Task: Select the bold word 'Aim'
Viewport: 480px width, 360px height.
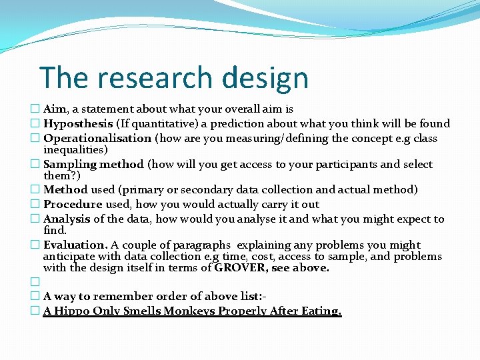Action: point(55,109)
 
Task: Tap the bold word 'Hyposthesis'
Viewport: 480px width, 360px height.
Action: point(78,123)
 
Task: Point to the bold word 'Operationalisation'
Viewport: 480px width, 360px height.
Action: point(97,138)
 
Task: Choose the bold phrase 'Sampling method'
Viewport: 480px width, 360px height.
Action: point(93,164)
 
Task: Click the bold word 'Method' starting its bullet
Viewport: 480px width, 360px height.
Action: point(65,190)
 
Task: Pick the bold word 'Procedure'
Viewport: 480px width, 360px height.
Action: point(73,205)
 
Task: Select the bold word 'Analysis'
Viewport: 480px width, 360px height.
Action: point(67,219)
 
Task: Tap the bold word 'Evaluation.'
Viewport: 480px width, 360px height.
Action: point(75,245)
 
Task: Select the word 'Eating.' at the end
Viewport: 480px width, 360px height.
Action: point(323,311)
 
